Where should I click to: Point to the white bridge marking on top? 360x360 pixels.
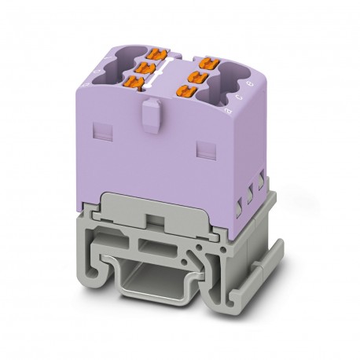(178, 69)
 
